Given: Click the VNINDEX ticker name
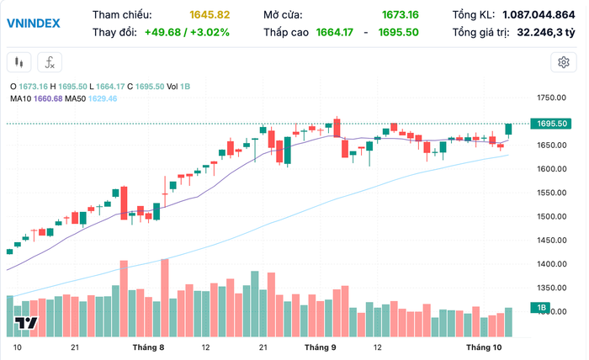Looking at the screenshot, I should (33, 23).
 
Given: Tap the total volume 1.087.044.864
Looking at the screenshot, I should (539, 15).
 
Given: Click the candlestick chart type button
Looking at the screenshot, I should (20, 61).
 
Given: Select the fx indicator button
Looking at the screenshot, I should (50, 61).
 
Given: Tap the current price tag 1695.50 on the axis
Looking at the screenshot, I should (554, 124).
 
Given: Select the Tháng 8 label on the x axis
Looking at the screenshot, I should (148, 347).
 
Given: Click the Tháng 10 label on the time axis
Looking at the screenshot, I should (483, 347).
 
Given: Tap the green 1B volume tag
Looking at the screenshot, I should (543, 309).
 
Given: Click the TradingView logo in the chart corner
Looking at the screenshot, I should (25, 325).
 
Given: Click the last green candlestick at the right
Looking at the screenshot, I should (508, 129).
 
